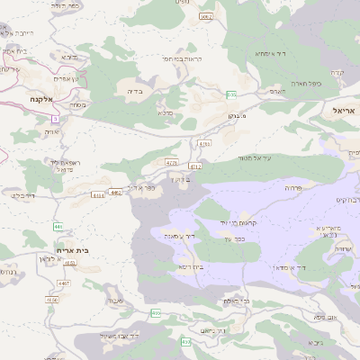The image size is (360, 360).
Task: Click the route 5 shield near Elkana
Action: (x=55, y=118)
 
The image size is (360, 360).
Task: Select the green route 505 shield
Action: (x=231, y=94)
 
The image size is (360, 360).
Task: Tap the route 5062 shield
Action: (x=206, y=17)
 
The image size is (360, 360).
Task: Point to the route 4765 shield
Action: (x=204, y=143)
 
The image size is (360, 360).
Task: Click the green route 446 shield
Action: (x=58, y=227)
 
